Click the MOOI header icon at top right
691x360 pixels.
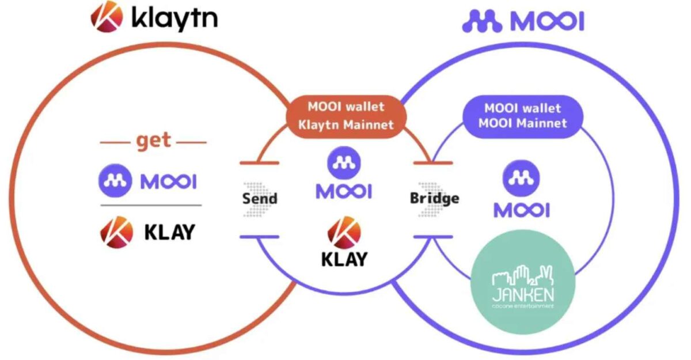pyautogui.click(x=483, y=21)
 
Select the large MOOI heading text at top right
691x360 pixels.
pyautogui.click(x=548, y=21)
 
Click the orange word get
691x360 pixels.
pyautogui.click(x=153, y=140)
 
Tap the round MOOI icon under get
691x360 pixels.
pyautogui.click(x=116, y=181)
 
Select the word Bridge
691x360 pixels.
pyautogui.click(x=434, y=199)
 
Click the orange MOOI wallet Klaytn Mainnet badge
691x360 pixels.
pyautogui.click(x=345, y=116)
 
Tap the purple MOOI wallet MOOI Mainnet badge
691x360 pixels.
pyautogui.click(x=522, y=116)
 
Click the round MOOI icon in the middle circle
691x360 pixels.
pyautogui.click(x=344, y=163)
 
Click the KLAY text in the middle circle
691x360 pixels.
pyautogui.click(x=344, y=259)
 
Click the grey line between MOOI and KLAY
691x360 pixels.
pyautogui.click(x=151, y=205)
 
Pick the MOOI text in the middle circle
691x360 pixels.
pyautogui.click(x=344, y=191)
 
